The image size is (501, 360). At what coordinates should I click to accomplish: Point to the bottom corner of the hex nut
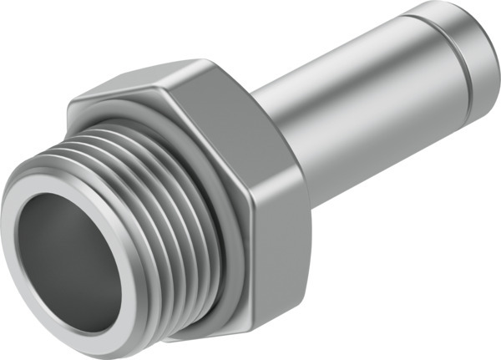point(250,338)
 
